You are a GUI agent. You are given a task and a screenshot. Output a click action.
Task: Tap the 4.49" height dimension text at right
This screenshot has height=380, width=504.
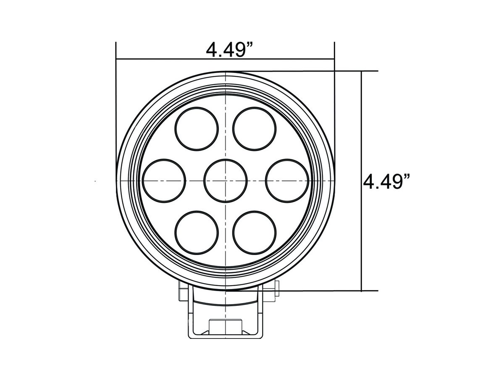pos(386,182)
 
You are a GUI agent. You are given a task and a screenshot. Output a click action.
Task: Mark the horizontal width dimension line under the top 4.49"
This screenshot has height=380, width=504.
pos(225,59)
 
